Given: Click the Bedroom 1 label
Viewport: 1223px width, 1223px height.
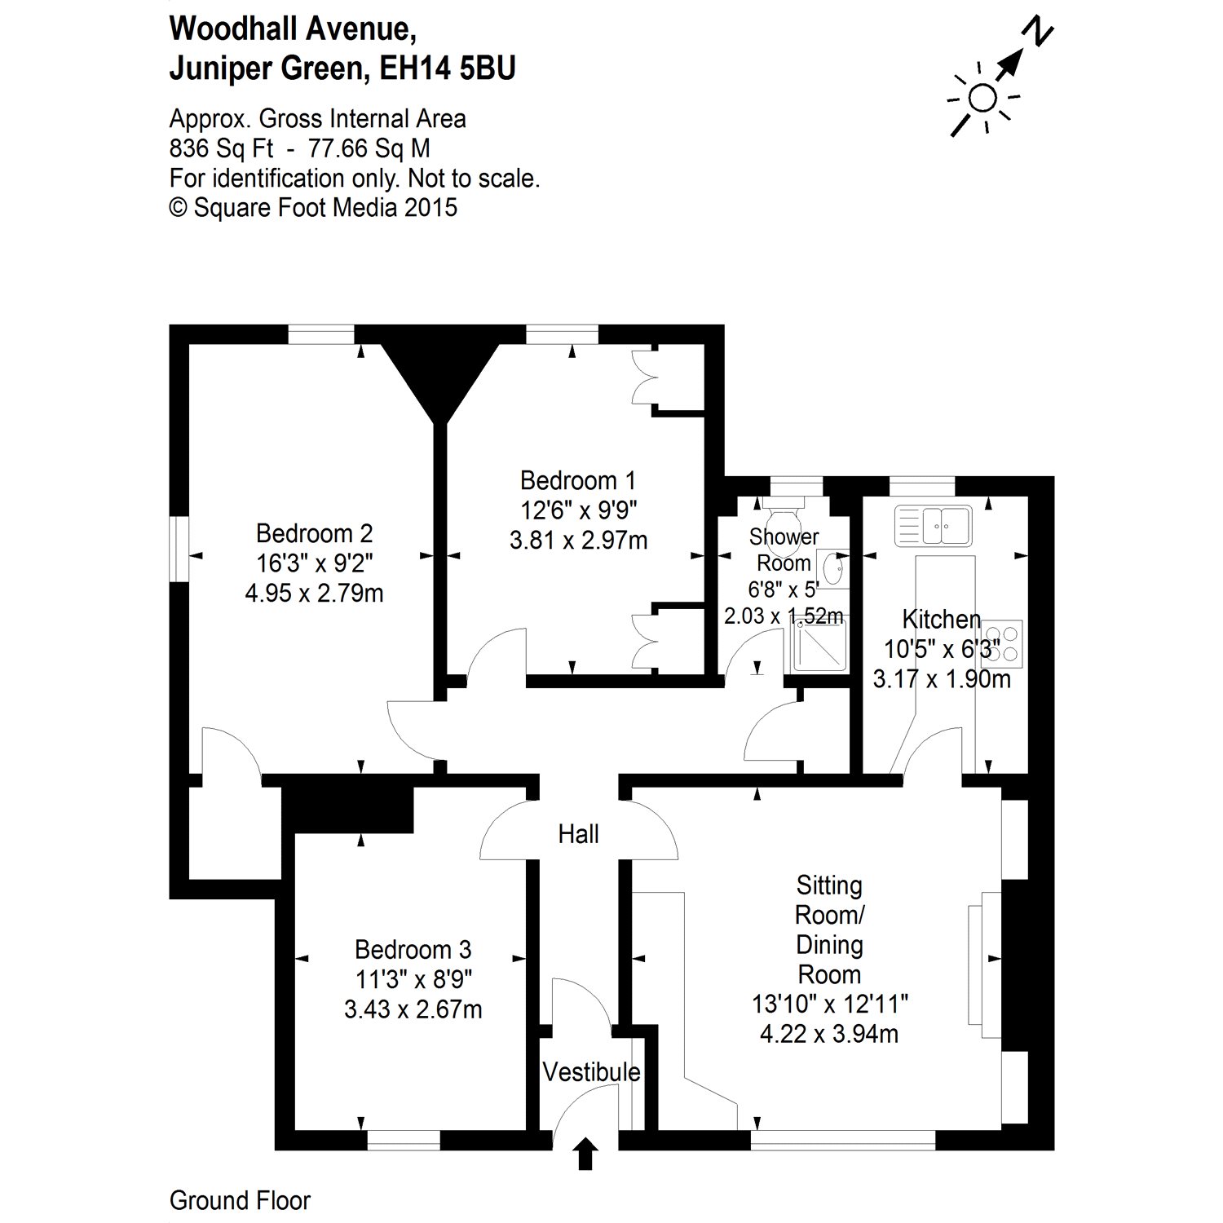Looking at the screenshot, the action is (x=578, y=480).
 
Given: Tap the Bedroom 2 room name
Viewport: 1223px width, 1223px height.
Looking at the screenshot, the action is (x=314, y=533).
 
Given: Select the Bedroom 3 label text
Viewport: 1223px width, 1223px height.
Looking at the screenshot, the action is (x=413, y=950).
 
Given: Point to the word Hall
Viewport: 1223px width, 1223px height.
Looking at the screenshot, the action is (x=578, y=833).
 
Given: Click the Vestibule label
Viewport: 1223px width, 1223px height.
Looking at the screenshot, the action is (x=591, y=1071).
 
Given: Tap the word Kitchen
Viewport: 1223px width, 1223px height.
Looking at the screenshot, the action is (x=941, y=619).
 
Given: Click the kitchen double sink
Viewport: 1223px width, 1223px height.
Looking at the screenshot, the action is (x=934, y=526).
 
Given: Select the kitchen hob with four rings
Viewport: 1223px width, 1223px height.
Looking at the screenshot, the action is (x=1001, y=642).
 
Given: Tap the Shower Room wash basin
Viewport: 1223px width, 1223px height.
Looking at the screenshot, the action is (x=832, y=568).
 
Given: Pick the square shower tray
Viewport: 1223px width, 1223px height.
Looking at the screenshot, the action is (x=817, y=644).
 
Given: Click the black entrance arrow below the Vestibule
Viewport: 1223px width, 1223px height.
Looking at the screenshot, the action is (x=585, y=1156).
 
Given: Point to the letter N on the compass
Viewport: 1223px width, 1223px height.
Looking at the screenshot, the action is (x=1037, y=32).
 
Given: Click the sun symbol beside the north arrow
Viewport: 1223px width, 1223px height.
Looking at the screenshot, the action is (x=983, y=98).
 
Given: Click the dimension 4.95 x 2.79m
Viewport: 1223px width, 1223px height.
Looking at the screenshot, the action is (x=314, y=593).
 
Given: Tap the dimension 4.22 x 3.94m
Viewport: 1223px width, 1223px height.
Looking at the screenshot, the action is (x=829, y=1034).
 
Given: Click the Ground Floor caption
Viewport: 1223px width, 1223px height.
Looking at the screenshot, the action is (x=240, y=1200).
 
